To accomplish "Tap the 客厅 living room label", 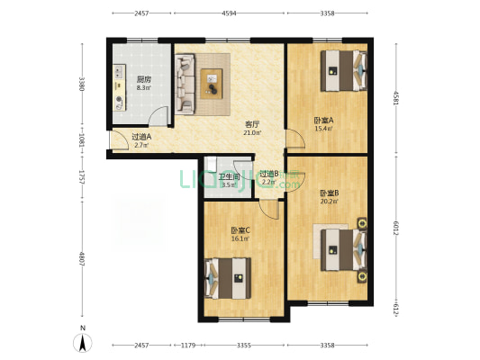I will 253,124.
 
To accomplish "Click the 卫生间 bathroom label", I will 228,177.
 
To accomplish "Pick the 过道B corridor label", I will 268,174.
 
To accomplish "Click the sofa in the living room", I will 185,85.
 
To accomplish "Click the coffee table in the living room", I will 214,81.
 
